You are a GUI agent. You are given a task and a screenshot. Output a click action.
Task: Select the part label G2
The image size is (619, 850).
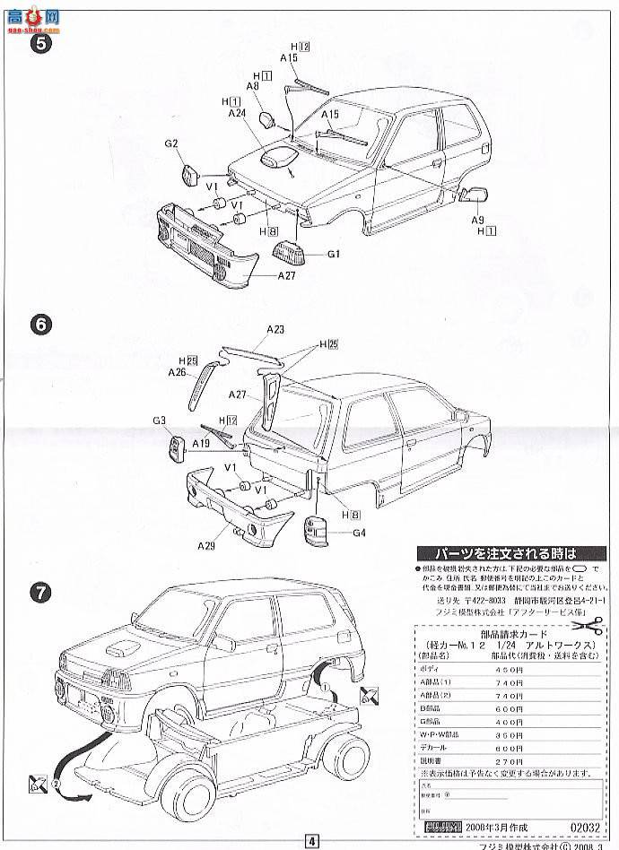coord(171,143)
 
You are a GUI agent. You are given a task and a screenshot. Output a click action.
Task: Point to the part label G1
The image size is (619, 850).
coord(334,254)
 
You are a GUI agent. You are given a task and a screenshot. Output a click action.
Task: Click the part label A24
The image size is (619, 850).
coord(237,114)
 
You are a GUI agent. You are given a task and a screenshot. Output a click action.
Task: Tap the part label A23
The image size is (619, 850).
coord(275,330)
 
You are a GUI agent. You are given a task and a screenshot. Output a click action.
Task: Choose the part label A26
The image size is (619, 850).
coord(177,372)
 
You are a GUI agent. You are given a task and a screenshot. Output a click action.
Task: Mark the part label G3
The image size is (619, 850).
coord(160,421)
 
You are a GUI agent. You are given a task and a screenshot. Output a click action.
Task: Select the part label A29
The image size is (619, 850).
coord(208,544)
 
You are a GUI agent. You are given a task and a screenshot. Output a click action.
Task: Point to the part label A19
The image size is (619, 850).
coord(202,443)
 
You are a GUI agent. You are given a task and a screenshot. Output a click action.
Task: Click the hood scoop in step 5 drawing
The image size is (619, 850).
coord(277,158)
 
